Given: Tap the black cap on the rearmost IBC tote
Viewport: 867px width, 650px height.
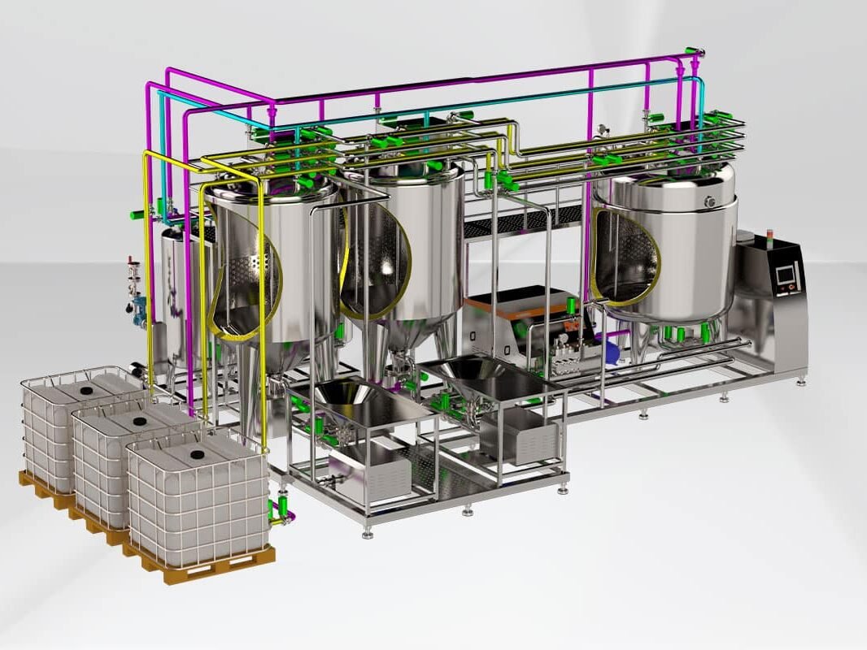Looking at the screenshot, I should click(87, 390).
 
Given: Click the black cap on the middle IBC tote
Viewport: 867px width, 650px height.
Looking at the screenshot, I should click(139, 420).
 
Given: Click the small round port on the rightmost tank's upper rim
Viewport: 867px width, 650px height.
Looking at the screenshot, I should click(709, 201).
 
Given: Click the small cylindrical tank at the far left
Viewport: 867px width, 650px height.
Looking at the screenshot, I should click(174, 301).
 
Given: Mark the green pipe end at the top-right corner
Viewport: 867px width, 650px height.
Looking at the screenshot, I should click(694, 53).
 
